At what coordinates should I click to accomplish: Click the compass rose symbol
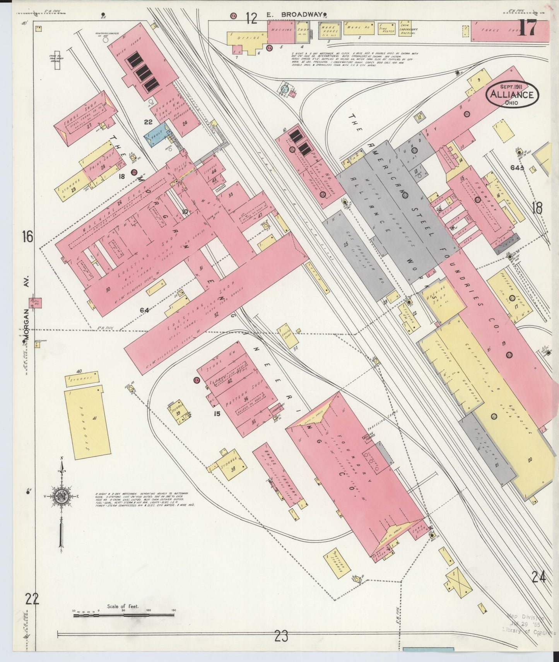[61, 497]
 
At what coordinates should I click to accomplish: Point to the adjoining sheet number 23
[281, 636]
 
